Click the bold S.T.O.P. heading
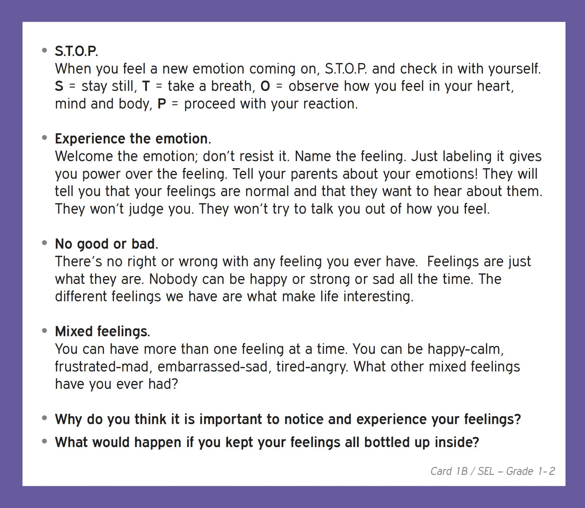pyautogui.click(x=76, y=51)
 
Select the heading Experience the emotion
pyautogui.click(x=133, y=139)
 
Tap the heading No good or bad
pyautogui.click(x=106, y=244)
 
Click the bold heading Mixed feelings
pyautogui.click(x=102, y=332)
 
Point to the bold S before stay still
pyautogui.click(x=59, y=87)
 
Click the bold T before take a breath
pyautogui.click(x=147, y=87)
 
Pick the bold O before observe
pyautogui.click(x=265, y=87)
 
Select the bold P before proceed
pyautogui.click(x=162, y=104)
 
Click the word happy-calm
pyautogui.click(x=465, y=349)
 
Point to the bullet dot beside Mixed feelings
pyautogui.click(x=45, y=331)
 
